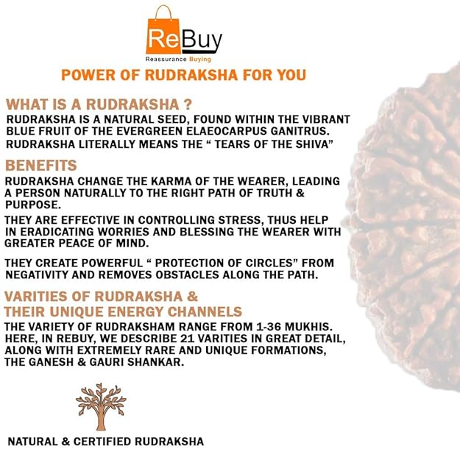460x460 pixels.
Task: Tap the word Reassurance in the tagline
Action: (x=166, y=60)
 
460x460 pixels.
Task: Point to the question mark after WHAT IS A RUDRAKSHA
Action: (x=188, y=105)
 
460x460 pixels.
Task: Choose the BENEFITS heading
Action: (x=41, y=166)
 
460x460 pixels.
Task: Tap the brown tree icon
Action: (x=101, y=406)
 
